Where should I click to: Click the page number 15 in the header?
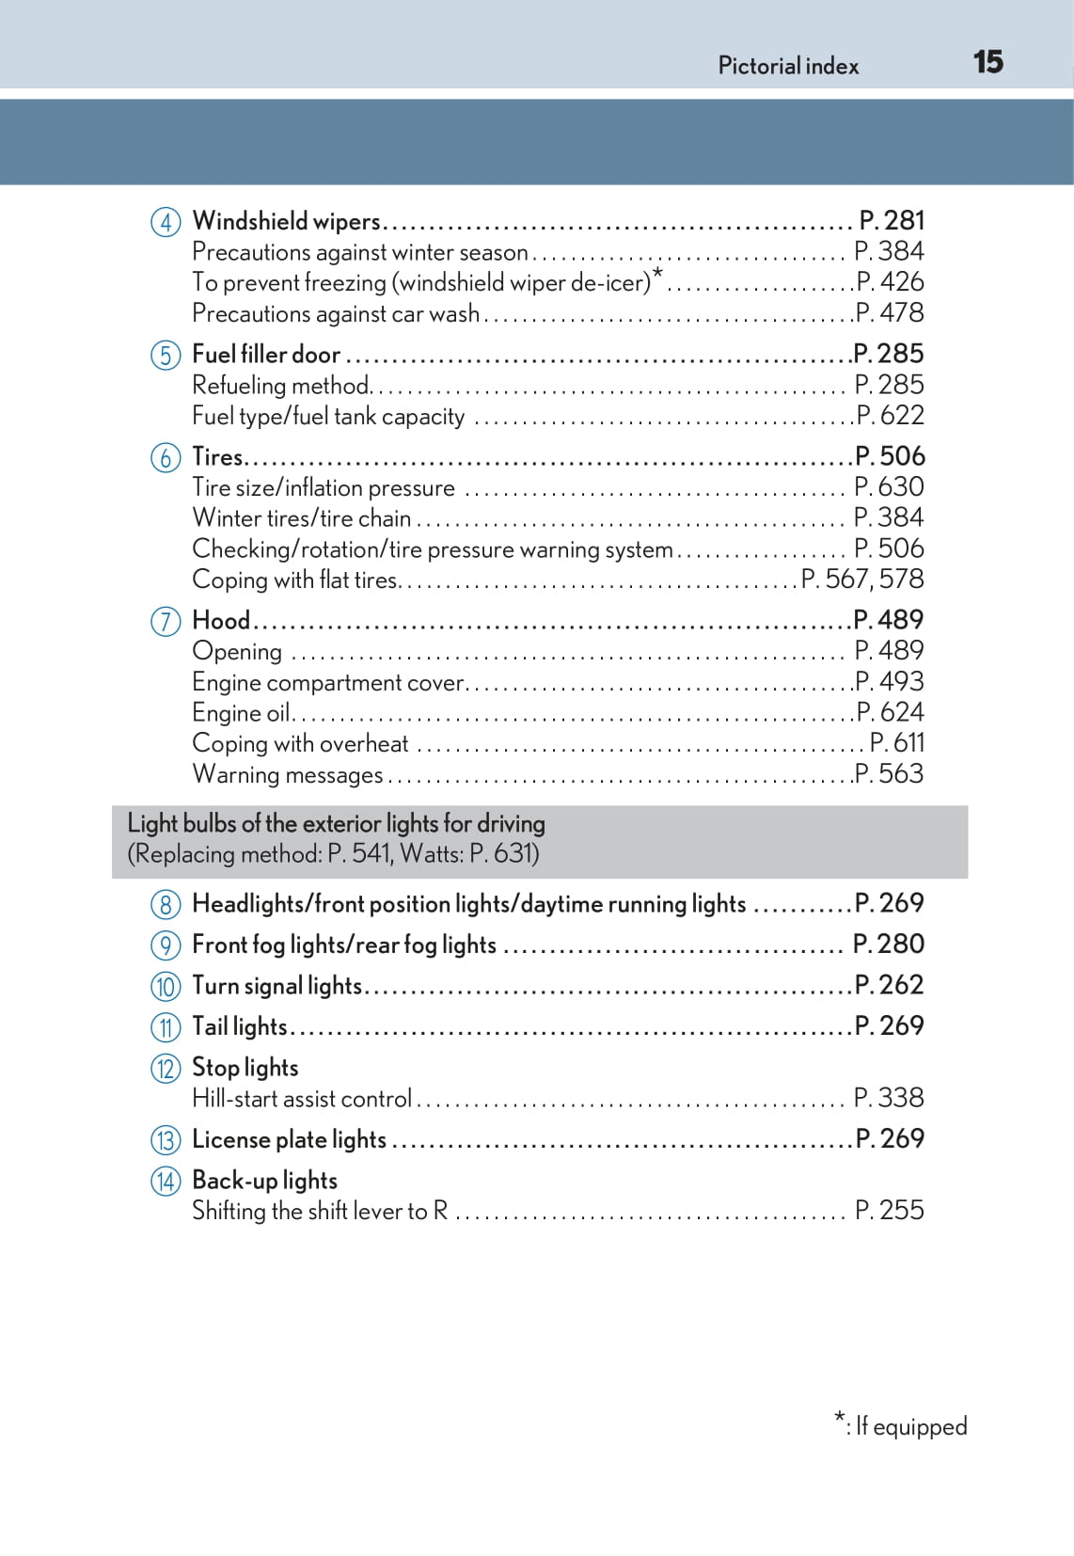point(987,62)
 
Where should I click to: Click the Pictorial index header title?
point(788,66)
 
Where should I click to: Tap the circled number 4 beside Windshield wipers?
point(166,222)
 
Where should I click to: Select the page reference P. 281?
point(892,220)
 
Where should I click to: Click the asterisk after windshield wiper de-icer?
point(657,274)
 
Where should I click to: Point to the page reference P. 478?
point(890,312)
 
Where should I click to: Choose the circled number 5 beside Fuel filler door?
point(166,356)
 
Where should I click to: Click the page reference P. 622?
point(890,415)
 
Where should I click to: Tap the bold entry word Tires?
point(217,456)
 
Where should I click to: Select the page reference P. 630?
point(889,486)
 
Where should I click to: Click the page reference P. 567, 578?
point(862,579)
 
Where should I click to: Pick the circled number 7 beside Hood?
point(166,621)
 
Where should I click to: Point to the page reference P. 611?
point(897,742)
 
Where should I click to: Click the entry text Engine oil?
point(241,712)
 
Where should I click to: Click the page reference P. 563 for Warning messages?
point(890,773)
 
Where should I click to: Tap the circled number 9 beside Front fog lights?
point(166,945)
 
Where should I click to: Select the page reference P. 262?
point(889,984)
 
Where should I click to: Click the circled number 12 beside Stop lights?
point(166,1068)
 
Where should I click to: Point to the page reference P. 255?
point(889,1210)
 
